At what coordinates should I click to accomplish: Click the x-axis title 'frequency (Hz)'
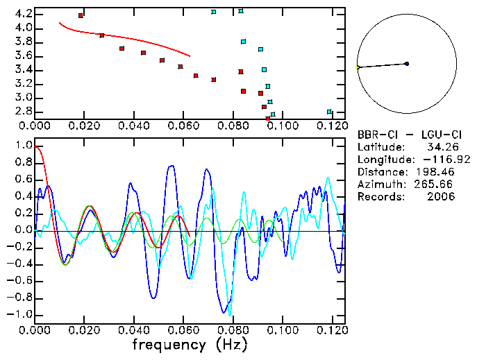[x=190, y=345]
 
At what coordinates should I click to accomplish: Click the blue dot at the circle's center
[x=406, y=64]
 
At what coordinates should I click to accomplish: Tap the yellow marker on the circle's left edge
[x=358, y=67]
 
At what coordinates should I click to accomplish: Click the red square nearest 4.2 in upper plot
[x=81, y=15]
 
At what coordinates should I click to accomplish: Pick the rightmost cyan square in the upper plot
[x=329, y=112]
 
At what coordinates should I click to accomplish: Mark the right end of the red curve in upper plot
[x=190, y=56]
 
